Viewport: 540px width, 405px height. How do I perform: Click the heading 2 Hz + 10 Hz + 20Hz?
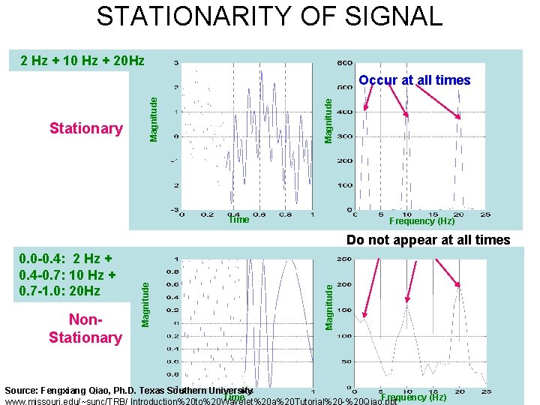[x=82, y=61]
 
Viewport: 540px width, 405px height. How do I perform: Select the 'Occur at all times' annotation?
[x=414, y=80]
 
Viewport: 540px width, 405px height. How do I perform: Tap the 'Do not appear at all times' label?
[x=427, y=241]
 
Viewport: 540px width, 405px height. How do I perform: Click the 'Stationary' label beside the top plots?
[x=85, y=128]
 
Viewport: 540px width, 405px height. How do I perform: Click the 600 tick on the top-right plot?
[x=344, y=63]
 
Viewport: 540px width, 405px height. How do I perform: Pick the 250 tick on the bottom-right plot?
[x=345, y=259]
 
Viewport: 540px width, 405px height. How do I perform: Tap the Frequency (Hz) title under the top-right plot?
[x=421, y=221]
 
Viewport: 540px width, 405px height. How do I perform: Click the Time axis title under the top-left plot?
[x=238, y=220]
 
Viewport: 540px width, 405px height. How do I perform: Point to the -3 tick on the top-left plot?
[x=174, y=209]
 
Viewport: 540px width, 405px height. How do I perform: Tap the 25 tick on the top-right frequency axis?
[x=487, y=214]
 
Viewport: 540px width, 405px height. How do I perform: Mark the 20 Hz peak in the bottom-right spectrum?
[x=459, y=286]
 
